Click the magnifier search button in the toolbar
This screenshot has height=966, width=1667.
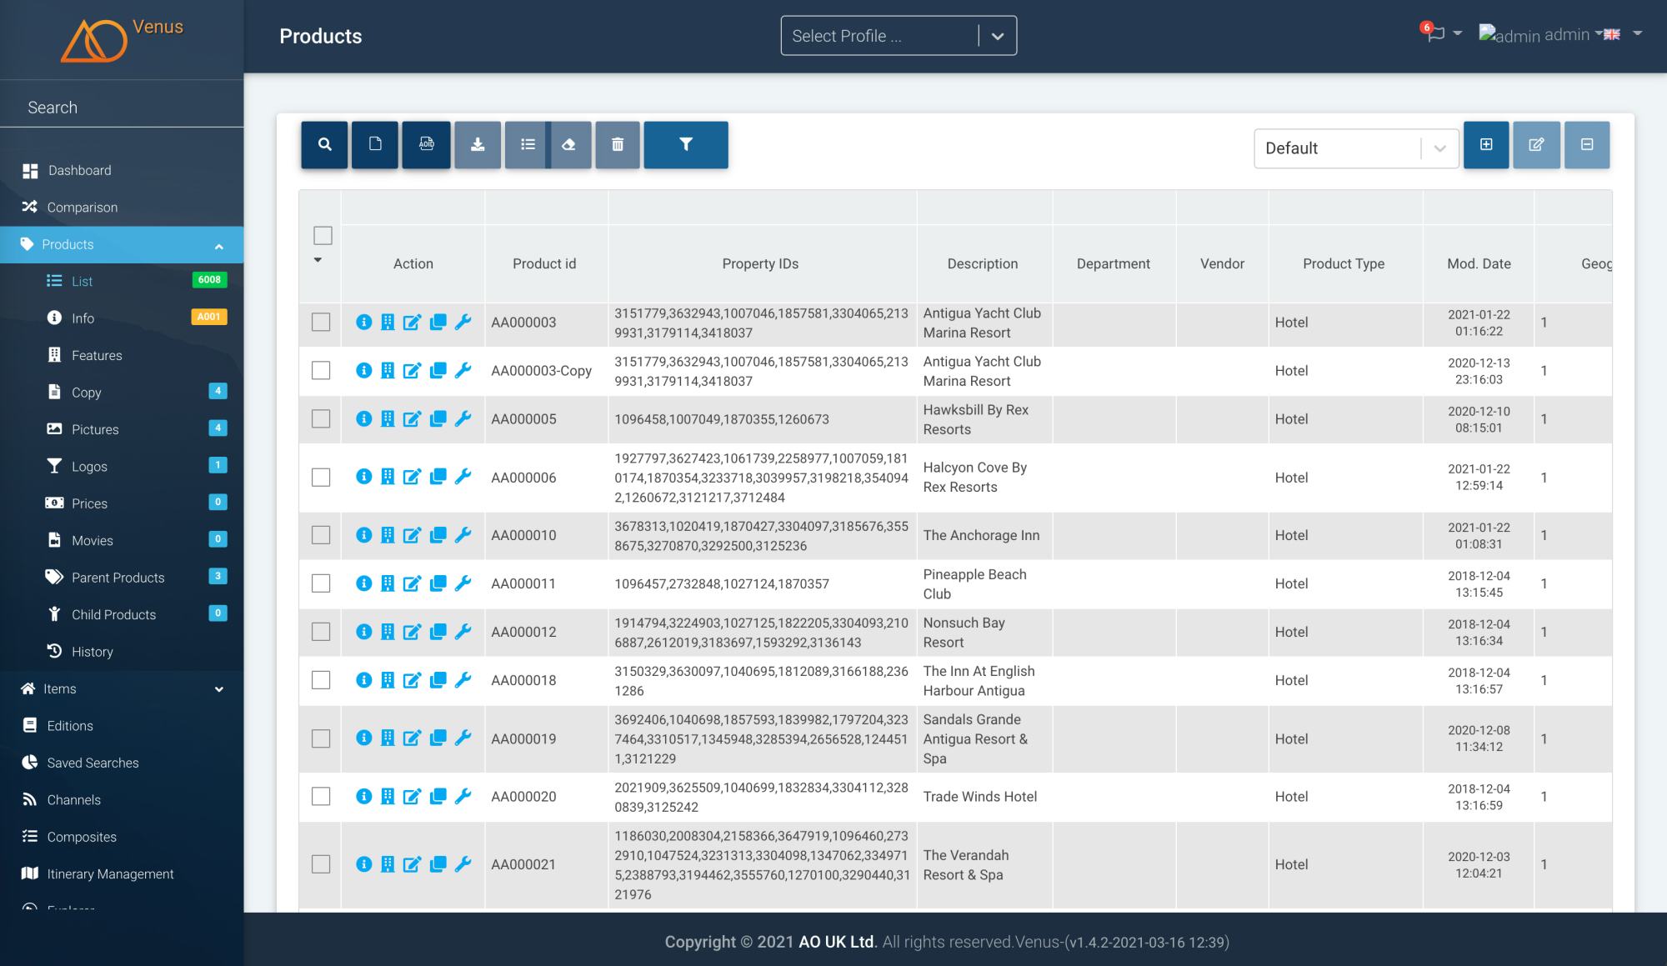324,145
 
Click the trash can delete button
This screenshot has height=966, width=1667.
618,145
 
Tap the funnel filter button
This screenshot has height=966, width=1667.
686,145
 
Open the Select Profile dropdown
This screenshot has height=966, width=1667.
899,36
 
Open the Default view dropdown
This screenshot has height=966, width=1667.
1355,148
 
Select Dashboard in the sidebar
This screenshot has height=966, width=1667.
79,170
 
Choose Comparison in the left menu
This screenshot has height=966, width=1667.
82,208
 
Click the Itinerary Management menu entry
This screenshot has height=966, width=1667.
110,873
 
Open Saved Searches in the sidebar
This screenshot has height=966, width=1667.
93,763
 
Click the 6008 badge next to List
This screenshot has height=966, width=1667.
209,280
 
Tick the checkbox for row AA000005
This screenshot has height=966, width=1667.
321,418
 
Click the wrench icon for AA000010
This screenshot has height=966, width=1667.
463,535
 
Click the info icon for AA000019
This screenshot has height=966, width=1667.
363,738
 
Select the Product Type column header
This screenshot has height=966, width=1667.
1344,263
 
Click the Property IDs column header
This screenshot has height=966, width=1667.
760,263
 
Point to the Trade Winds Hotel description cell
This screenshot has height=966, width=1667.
980,797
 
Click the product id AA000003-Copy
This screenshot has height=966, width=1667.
541,371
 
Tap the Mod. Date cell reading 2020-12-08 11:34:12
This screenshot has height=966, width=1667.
1479,738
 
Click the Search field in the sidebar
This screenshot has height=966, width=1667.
122,108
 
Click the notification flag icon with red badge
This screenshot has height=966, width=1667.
1434,34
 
